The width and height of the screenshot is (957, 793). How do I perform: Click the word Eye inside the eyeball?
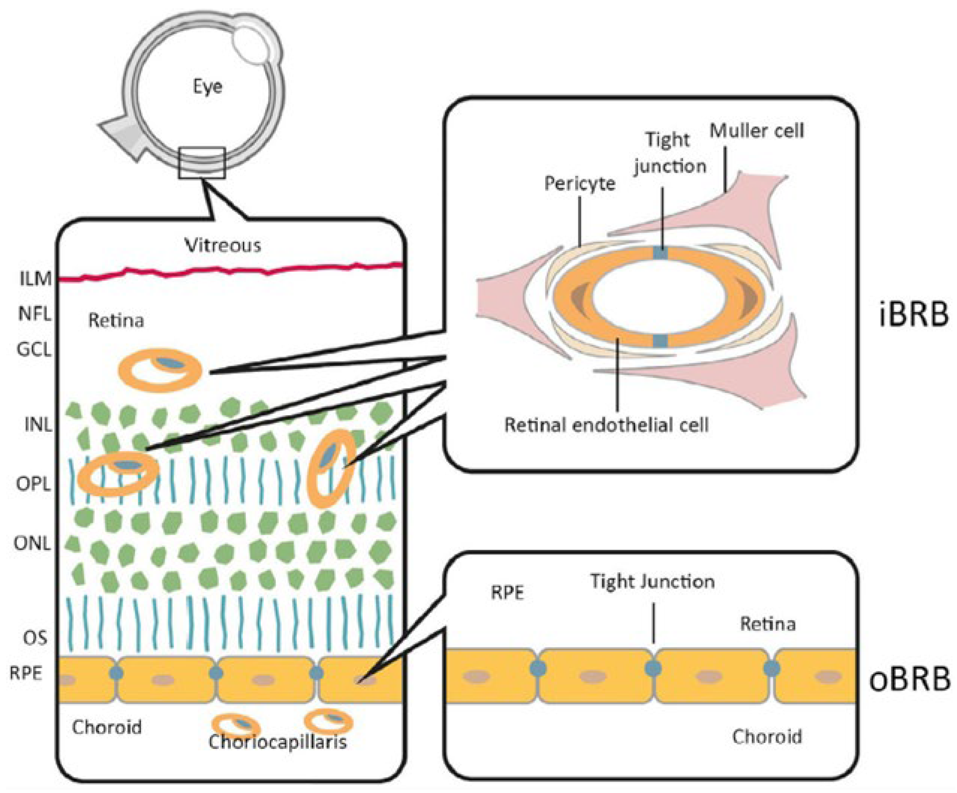coord(207,86)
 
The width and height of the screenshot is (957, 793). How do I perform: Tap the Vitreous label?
coord(223,246)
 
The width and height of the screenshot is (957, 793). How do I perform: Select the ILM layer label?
coord(36,278)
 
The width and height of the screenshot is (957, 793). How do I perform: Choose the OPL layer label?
coord(33,484)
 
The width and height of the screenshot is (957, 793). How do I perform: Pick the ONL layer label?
coord(32,543)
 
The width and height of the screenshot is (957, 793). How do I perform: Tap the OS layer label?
coord(35,638)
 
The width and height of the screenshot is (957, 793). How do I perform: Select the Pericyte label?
coord(580,184)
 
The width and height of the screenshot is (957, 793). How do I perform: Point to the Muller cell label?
coord(756,131)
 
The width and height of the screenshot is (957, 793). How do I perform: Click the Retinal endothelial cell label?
coord(606,425)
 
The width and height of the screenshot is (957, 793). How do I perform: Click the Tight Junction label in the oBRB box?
coord(652,582)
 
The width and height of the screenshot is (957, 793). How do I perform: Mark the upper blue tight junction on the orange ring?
coord(660,253)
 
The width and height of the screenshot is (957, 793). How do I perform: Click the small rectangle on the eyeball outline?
coord(202,163)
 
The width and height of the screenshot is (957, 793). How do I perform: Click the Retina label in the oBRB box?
coord(768,624)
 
